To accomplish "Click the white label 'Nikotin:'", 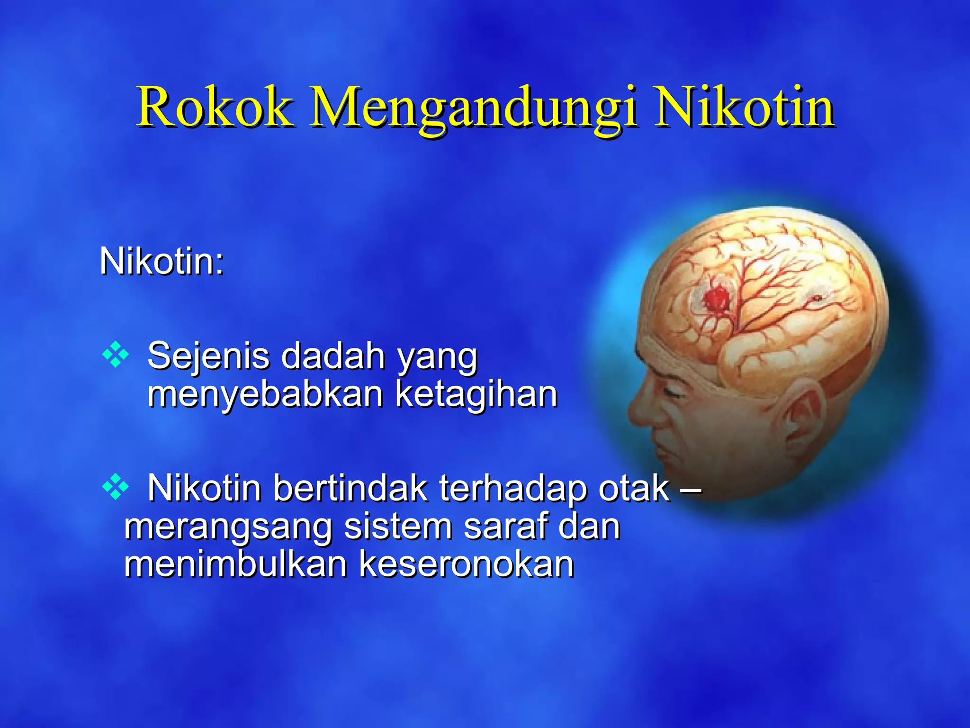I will (x=162, y=262).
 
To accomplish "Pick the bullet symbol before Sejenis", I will (x=116, y=355).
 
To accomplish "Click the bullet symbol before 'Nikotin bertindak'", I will (x=116, y=487).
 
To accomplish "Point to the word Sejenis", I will (x=208, y=356).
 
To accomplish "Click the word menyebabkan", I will (x=265, y=394).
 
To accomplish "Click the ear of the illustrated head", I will (x=800, y=419).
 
